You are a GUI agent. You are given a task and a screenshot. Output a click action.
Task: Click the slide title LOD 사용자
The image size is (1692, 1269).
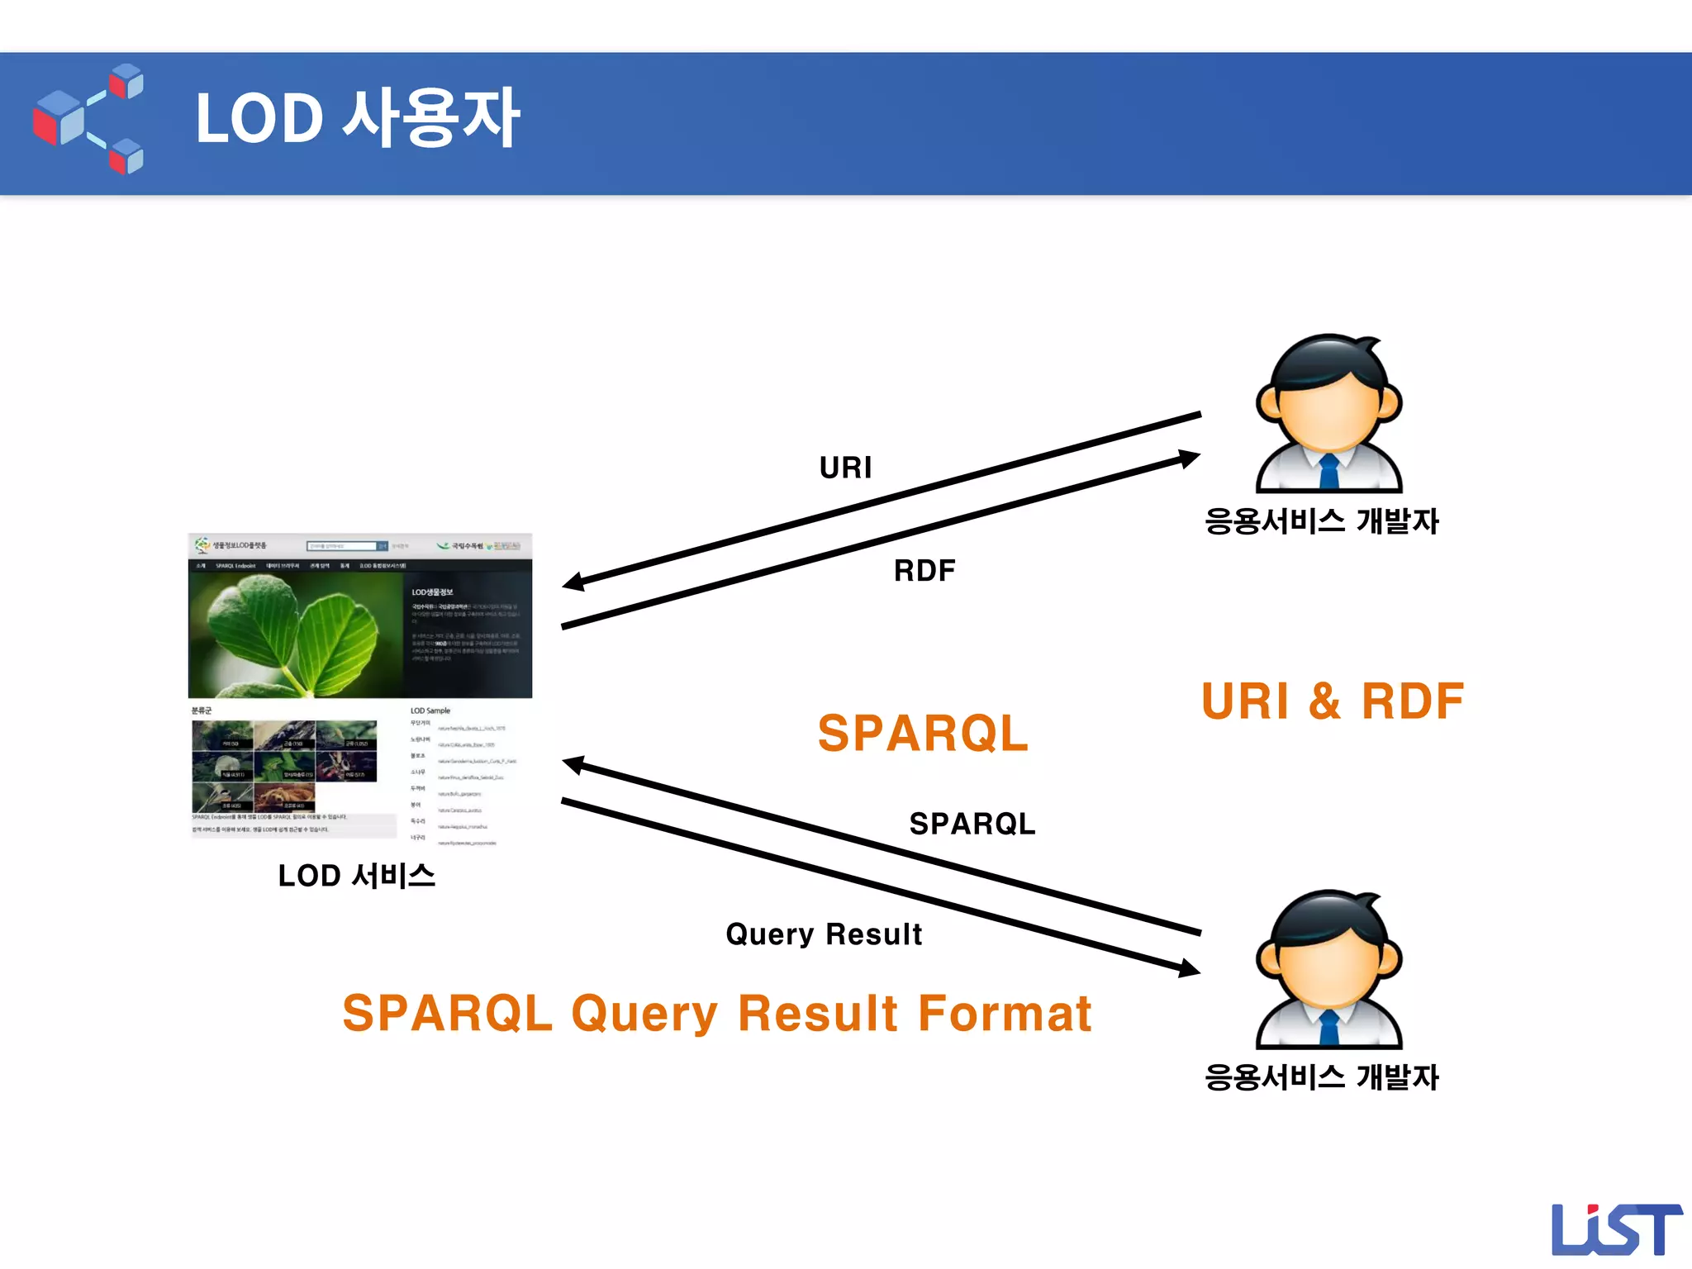click(357, 118)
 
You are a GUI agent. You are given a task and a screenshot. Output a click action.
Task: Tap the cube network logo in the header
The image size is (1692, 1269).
click(88, 119)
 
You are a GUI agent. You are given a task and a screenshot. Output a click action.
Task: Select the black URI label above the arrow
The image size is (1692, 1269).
click(845, 468)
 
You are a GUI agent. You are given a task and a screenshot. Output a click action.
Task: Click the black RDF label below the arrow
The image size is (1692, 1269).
click(924, 571)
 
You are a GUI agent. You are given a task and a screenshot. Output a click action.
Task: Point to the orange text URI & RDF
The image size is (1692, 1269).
click(1332, 701)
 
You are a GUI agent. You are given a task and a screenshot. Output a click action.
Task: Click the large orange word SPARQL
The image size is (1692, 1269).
click(923, 733)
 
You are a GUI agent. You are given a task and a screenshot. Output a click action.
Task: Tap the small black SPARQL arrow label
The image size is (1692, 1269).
click(972, 824)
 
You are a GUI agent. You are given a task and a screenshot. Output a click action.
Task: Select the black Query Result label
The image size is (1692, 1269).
click(824, 934)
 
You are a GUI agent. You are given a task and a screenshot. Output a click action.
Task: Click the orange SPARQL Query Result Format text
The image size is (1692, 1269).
click(716, 1014)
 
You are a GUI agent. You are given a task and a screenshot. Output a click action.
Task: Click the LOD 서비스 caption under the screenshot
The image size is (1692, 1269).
click(356, 876)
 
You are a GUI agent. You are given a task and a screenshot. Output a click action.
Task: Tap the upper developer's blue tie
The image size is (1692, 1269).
click(1328, 472)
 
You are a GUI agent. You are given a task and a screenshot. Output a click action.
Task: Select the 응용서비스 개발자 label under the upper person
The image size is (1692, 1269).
click(1321, 521)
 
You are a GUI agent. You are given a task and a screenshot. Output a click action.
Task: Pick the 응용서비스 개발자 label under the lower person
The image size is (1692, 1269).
click(1321, 1077)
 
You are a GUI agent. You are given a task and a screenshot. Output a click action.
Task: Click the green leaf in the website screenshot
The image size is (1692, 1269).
click(289, 632)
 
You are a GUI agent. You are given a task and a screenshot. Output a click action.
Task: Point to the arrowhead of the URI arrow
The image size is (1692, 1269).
click(573, 582)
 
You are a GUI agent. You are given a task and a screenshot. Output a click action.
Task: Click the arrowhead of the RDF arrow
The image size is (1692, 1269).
click(1189, 458)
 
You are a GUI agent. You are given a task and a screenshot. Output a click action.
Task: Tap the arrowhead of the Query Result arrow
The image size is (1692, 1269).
click(1189, 968)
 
